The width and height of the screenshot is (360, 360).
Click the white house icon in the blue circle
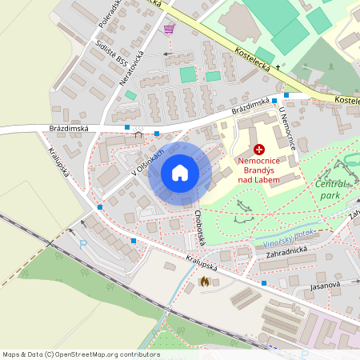pyautogui.click(x=180, y=173)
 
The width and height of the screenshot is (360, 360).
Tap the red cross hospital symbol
pyautogui.click(x=259, y=150)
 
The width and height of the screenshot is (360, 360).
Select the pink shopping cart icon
pyautogui.click(x=169, y=30)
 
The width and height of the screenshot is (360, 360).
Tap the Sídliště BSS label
pyautogui.click(x=110, y=54)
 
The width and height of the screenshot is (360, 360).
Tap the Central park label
pyautogui.click(x=329, y=189)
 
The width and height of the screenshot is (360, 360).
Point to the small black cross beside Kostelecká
pyautogui.click(x=278, y=68)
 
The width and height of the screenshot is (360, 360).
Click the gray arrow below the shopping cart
pyautogui.click(x=168, y=54)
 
